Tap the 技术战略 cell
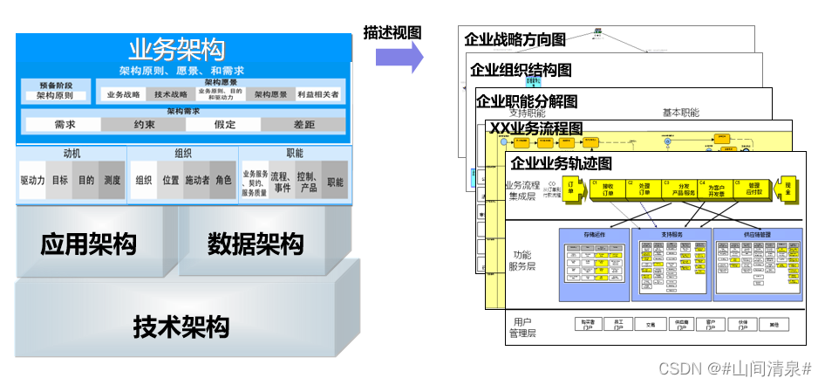171,94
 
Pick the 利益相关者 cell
318,94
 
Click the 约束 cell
145,124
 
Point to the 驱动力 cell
32,181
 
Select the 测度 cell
112,181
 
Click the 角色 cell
224,181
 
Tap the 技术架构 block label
181,327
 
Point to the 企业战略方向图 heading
515,39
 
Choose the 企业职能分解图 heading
538,101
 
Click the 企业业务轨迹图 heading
561,163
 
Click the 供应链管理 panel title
755,234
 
